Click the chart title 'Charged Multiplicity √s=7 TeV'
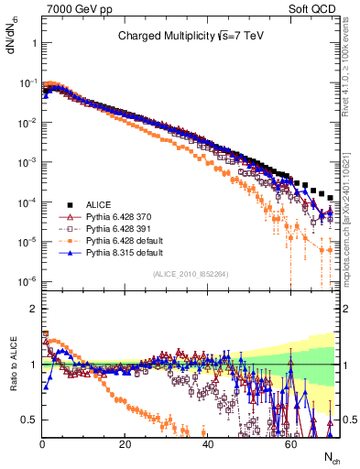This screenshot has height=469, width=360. [x=191, y=38]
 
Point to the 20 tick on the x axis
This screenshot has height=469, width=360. [x=125, y=442]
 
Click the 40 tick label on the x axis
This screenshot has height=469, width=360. [x=207, y=442]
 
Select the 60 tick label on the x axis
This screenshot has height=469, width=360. [x=289, y=442]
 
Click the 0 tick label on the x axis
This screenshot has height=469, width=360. [x=42, y=442]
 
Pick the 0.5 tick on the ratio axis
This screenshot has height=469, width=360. [x=31, y=420]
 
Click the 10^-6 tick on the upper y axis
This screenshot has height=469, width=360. [x=28, y=281]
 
